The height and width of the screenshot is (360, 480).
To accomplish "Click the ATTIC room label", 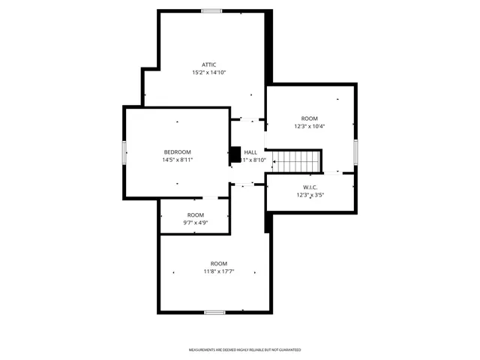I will (x=208, y=64).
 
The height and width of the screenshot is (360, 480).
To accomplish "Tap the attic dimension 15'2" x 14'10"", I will (x=208, y=73).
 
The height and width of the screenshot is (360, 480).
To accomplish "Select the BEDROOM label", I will (x=178, y=151).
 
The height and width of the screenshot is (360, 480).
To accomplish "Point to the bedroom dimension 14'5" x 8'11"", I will (x=178, y=160).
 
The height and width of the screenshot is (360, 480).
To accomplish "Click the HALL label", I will (x=250, y=151).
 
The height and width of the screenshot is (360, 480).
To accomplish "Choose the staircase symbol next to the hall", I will (x=295, y=160).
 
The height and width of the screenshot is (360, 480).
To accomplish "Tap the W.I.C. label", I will (x=310, y=187).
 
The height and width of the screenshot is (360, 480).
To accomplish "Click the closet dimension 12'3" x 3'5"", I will (x=310, y=195).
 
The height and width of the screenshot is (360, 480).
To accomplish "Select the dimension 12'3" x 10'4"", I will (x=310, y=127).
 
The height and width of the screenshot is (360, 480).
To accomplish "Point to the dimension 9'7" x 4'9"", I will (x=195, y=223).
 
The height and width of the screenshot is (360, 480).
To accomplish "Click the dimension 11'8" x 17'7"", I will (x=218, y=271).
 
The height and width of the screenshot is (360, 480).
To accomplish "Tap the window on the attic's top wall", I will (x=211, y=11).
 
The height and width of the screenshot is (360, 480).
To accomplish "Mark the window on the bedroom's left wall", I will (x=124, y=151).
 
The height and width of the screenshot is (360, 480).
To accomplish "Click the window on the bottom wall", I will (x=214, y=312).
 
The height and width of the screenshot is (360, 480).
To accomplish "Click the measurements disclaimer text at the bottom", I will (x=244, y=350).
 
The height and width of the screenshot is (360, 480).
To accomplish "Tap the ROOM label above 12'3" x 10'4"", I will (x=310, y=118).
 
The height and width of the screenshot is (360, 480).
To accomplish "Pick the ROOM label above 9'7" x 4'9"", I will (x=195, y=214).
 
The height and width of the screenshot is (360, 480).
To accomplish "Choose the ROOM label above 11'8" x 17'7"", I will (x=218, y=263).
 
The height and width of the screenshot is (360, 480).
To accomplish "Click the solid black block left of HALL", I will (x=234, y=154).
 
